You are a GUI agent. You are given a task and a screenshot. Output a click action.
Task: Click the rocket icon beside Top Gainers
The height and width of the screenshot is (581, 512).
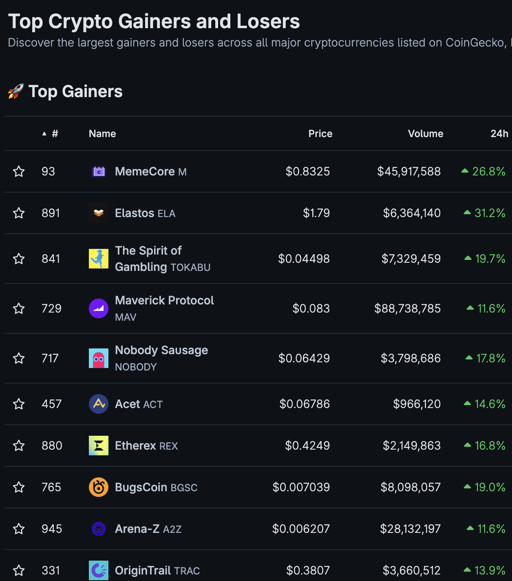tap(15, 91)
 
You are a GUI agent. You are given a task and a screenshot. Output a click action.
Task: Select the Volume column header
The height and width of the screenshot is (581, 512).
tap(425, 134)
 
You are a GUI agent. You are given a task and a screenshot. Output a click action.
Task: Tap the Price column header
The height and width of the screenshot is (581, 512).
tap(320, 134)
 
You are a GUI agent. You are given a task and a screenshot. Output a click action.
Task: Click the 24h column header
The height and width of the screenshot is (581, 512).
tap(499, 134)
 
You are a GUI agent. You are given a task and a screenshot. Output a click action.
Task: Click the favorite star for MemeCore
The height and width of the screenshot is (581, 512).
tap(19, 171)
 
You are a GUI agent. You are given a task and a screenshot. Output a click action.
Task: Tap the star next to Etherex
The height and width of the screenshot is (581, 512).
tap(19, 446)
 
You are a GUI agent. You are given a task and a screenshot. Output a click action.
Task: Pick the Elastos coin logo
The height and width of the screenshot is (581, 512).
tap(99, 213)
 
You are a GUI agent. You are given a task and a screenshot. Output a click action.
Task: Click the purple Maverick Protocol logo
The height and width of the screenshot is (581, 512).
tap(99, 308)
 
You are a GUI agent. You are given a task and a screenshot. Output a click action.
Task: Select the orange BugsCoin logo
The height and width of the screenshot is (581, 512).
tap(99, 487)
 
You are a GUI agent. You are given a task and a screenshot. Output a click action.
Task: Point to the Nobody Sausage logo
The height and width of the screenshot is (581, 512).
tap(99, 358)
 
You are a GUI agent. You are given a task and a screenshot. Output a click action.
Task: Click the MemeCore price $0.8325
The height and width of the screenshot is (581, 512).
tap(307, 171)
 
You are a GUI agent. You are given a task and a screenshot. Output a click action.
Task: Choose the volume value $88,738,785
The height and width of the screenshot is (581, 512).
tap(407, 308)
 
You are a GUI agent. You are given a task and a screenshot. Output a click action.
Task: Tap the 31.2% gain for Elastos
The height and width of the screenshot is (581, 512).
tap(490, 213)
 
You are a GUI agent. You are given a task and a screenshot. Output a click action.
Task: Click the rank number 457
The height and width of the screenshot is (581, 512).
tap(51, 404)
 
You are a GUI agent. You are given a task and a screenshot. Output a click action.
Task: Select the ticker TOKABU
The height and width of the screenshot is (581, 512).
tap(190, 268)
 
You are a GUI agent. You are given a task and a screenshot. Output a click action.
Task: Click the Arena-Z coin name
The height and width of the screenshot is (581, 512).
tap(137, 529)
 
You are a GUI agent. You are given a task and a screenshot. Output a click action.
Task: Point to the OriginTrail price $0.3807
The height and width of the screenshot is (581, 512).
tap(308, 570)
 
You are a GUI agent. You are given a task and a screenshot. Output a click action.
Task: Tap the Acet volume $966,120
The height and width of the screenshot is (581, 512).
tap(417, 404)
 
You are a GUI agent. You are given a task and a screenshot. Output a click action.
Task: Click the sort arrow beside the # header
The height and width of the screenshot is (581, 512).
tap(44, 134)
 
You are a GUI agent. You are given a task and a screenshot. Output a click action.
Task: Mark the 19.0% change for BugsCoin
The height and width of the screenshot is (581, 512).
tap(490, 487)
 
